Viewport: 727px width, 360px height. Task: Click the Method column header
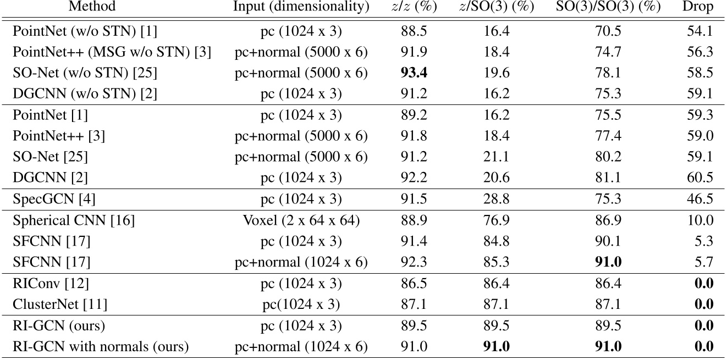(x=92, y=7)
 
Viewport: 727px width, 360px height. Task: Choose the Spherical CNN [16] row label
(x=73, y=220)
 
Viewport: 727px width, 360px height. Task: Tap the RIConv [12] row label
(x=51, y=284)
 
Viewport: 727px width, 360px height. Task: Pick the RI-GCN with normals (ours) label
(x=101, y=347)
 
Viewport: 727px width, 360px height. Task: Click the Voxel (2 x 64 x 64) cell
(x=301, y=220)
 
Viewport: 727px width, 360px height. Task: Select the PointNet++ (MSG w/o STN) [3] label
(x=112, y=52)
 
